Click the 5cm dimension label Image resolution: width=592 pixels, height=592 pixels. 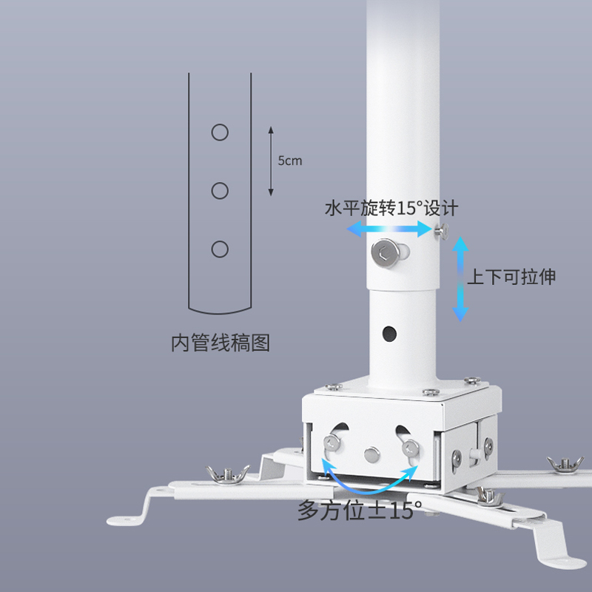click(x=290, y=161)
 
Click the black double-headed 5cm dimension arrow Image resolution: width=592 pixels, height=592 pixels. click(x=271, y=161)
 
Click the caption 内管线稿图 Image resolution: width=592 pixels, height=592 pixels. click(x=221, y=343)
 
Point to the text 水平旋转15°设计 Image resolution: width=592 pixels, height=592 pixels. click(x=391, y=208)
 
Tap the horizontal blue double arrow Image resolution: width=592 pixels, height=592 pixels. click(x=389, y=229)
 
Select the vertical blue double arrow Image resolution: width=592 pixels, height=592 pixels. click(x=460, y=279)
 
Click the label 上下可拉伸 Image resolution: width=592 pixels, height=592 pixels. click(x=511, y=277)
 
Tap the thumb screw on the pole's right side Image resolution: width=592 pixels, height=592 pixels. click(x=441, y=231)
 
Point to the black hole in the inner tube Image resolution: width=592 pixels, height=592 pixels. click(x=389, y=334)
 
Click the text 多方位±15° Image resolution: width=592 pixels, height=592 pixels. click(x=360, y=511)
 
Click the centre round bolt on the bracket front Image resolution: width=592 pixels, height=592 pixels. click(x=372, y=454)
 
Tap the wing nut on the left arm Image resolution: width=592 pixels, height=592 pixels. click(x=227, y=474)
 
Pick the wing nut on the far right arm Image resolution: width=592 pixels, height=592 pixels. click(x=565, y=463)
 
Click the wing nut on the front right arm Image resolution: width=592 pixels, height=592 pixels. click(x=488, y=496)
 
